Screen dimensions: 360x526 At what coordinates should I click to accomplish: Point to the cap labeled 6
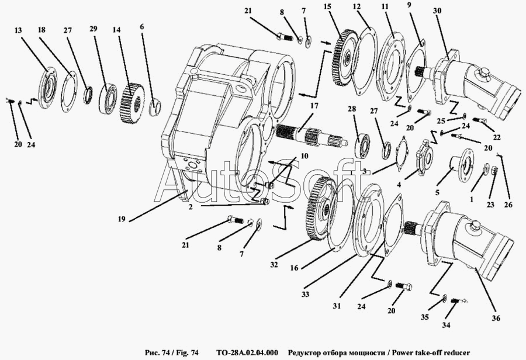coord(155,108)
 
